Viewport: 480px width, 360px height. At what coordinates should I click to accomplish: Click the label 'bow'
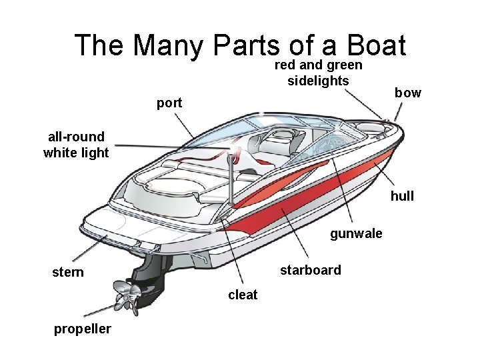407,93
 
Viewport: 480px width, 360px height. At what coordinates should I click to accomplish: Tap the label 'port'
169,103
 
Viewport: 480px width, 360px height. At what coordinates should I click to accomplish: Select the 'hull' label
402,196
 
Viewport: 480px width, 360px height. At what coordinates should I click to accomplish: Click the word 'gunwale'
357,233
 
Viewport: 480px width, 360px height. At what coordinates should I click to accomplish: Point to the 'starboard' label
310,270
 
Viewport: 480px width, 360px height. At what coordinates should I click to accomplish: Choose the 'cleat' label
243,295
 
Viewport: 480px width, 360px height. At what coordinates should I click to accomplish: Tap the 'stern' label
68,272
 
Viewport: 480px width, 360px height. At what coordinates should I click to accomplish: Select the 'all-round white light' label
76,145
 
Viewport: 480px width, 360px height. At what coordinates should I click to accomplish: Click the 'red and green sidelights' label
319,73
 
